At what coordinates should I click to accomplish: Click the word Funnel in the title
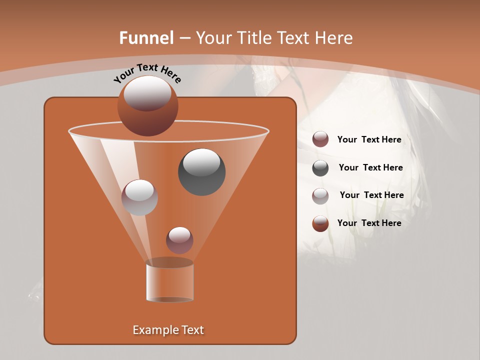click(x=146, y=38)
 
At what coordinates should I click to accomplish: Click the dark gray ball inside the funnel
click(x=201, y=171)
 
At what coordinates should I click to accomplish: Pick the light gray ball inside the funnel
click(x=139, y=197)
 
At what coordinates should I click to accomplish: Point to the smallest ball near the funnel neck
click(x=179, y=240)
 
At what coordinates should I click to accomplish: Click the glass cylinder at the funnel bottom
click(x=170, y=282)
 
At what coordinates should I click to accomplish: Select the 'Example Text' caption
click(x=168, y=330)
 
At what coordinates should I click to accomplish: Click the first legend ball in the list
click(x=320, y=139)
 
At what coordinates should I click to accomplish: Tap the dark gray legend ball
click(x=320, y=168)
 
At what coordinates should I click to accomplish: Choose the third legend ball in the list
click(x=320, y=196)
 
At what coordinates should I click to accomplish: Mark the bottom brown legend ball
click(x=320, y=223)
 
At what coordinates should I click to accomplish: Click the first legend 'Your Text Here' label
click(x=369, y=139)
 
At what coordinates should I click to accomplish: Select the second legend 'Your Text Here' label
click(x=370, y=167)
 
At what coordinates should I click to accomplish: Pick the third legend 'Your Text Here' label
click(x=371, y=195)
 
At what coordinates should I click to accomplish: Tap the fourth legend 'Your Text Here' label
click(x=369, y=223)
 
